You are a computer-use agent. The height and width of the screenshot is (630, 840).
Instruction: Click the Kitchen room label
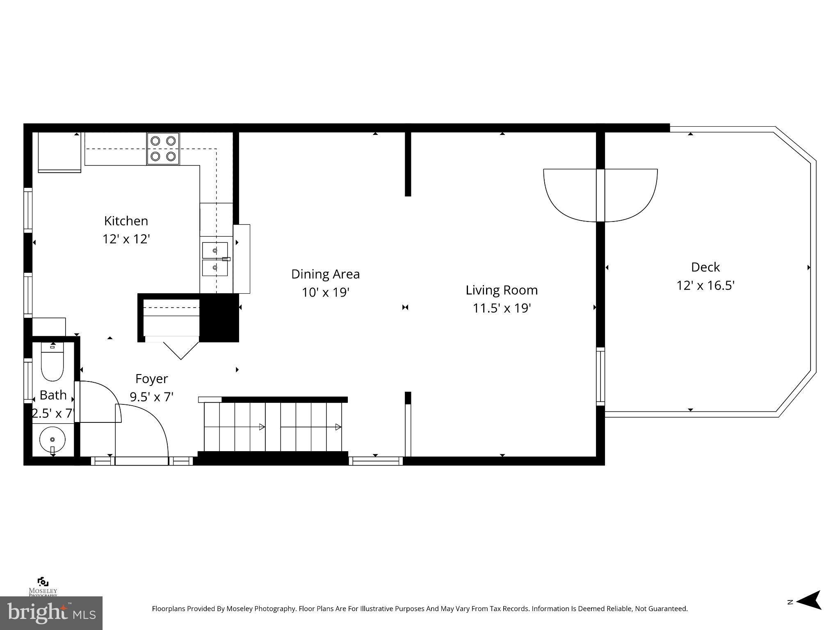pos(126,221)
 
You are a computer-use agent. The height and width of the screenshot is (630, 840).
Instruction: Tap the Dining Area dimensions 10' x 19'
pos(325,292)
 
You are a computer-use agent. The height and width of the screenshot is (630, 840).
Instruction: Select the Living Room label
pos(501,290)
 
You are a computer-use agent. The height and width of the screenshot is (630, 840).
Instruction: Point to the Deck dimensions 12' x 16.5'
pos(705,285)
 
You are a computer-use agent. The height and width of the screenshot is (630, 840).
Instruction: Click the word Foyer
pos(151,379)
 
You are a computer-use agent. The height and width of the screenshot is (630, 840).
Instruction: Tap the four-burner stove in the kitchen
pos(163,148)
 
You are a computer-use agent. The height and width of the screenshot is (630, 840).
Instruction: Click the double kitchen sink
pos(215,259)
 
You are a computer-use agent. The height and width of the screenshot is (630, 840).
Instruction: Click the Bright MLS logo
pos(51,613)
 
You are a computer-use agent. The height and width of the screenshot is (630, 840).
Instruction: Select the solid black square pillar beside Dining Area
pos(219,318)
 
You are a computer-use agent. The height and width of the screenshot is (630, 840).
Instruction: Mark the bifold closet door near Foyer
pos(180,349)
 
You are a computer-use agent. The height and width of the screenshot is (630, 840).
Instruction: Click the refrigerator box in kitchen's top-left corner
pos(59,152)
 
